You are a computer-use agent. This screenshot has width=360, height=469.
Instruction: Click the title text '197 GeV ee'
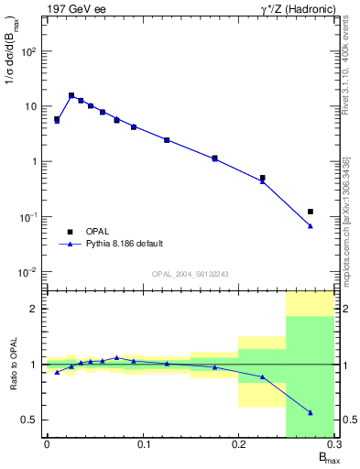coord(71,8)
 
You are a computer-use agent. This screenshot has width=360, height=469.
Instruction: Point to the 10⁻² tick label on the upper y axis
coord(28,272)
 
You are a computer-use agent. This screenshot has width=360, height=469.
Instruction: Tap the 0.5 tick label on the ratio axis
coord(29,420)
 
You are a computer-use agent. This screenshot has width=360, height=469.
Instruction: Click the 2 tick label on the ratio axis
coord(35,309)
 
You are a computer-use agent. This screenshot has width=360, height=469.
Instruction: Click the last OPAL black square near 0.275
coord(311,212)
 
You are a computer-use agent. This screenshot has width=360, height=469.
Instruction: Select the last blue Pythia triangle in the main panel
coord(311,225)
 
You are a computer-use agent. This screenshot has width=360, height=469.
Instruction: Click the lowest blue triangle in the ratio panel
coord(311,412)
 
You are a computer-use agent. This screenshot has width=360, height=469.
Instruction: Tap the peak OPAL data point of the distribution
coord(71,95)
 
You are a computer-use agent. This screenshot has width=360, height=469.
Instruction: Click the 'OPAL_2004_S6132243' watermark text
coord(190,273)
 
